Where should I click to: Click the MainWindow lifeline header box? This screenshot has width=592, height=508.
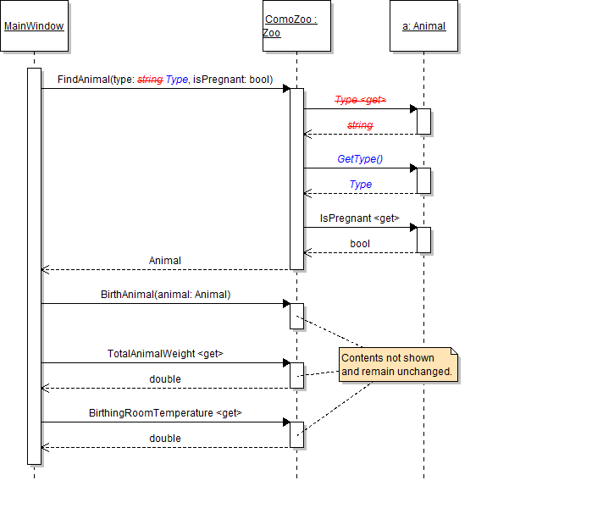(x=34, y=26)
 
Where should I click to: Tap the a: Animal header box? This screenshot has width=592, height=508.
(x=423, y=26)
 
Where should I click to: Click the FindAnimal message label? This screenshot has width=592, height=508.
(x=165, y=80)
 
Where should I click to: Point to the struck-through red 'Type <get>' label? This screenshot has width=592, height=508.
(x=360, y=100)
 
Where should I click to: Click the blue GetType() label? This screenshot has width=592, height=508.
(x=360, y=159)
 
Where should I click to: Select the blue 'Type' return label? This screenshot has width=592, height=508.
(x=361, y=185)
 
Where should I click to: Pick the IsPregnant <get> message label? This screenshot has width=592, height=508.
(x=360, y=218)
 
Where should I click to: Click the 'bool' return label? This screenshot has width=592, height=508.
(x=360, y=244)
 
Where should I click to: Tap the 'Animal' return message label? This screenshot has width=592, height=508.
(x=165, y=261)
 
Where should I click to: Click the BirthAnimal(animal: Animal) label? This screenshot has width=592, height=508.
(x=165, y=295)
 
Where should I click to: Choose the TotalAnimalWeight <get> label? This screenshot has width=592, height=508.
(x=165, y=354)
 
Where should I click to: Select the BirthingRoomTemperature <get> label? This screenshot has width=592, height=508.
(x=165, y=413)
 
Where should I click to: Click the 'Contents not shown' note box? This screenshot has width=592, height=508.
(x=398, y=365)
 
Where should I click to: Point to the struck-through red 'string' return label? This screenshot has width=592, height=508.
(x=360, y=125)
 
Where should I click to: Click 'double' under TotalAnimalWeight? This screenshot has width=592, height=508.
(x=165, y=379)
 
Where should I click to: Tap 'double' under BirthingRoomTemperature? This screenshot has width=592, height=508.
(x=165, y=439)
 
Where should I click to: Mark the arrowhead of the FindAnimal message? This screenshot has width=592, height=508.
(x=286, y=88)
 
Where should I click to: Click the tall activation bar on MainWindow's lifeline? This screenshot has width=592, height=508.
(x=34, y=266)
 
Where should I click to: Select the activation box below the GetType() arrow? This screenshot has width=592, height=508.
(x=423, y=180)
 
